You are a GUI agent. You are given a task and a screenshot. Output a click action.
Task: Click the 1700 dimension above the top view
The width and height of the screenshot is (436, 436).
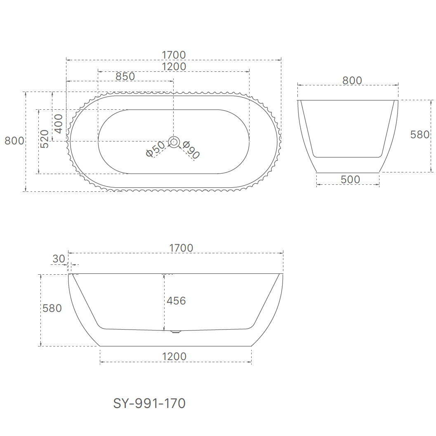(x=174, y=55)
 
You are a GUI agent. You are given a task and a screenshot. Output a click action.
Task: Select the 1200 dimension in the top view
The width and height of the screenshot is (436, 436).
(x=174, y=66)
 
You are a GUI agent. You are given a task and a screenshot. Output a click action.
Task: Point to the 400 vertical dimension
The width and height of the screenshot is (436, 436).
(x=59, y=124)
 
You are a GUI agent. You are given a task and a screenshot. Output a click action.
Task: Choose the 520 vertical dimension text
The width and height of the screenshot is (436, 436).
(x=45, y=139)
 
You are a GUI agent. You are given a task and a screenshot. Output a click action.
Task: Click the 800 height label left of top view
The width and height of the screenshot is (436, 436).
(x=14, y=141)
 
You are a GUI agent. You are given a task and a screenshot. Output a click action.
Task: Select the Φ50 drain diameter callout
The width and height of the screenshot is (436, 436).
(x=155, y=149)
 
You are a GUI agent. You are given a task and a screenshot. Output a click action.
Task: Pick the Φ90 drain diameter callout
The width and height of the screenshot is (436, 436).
(x=191, y=150)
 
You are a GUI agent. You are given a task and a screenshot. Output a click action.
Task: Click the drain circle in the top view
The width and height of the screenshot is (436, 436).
(x=174, y=142)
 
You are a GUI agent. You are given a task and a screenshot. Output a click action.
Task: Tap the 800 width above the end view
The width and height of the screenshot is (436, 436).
(x=352, y=80)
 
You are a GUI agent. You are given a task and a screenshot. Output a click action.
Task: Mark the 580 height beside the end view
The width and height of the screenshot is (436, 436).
(x=420, y=134)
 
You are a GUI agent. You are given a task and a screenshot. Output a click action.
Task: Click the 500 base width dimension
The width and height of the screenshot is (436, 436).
(x=350, y=179)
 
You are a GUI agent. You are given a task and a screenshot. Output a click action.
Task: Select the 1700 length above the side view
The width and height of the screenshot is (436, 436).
(x=181, y=248)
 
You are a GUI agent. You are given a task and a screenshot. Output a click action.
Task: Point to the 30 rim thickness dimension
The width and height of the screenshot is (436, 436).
(x=59, y=259)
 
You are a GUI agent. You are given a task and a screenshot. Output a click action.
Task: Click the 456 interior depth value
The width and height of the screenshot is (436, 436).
(x=176, y=301)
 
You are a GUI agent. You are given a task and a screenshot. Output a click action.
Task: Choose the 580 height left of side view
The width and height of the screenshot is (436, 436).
(x=52, y=308)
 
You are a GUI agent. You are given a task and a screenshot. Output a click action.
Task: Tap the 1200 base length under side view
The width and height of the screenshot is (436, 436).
(x=174, y=356)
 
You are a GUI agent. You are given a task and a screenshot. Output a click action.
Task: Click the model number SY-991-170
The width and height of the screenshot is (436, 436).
(x=149, y=403)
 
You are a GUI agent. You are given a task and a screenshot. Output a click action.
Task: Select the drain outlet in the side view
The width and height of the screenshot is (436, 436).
(x=176, y=331)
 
